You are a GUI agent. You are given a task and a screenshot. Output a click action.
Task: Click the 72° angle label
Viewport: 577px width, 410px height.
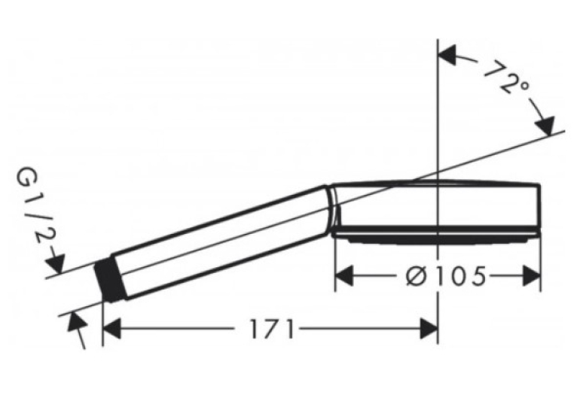click(507, 78)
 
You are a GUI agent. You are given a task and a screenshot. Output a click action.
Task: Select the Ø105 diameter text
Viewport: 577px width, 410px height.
click(446, 276)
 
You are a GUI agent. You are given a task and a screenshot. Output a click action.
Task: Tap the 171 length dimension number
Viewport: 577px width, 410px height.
click(272, 329)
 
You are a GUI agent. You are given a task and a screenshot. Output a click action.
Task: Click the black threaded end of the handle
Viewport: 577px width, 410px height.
click(110, 280)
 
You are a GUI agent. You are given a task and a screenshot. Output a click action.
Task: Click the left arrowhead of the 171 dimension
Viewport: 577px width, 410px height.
click(112, 329)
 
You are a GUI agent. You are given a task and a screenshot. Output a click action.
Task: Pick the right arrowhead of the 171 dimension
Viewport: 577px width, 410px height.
click(429, 329)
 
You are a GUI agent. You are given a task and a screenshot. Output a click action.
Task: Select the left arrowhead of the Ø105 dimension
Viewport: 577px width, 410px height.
click(344, 276)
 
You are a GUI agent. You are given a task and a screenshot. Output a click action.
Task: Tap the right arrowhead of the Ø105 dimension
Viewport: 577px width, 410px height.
click(531, 276)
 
